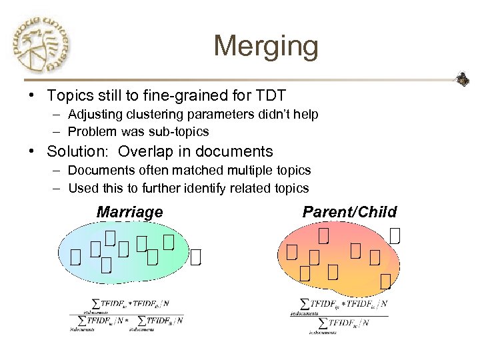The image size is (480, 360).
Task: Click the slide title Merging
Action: pyautogui.click(x=266, y=47)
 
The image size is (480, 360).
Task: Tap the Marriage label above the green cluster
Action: pyautogui.click(x=129, y=213)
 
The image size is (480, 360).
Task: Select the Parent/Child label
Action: pyautogui.click(x=349, y=213)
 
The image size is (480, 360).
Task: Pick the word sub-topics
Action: pyautogui.click(x=180, y=131)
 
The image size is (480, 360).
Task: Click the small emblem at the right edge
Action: pyautogui.click(x=463, y=81)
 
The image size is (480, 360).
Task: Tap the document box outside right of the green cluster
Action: pyautogui.click(x=195, y=256)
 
